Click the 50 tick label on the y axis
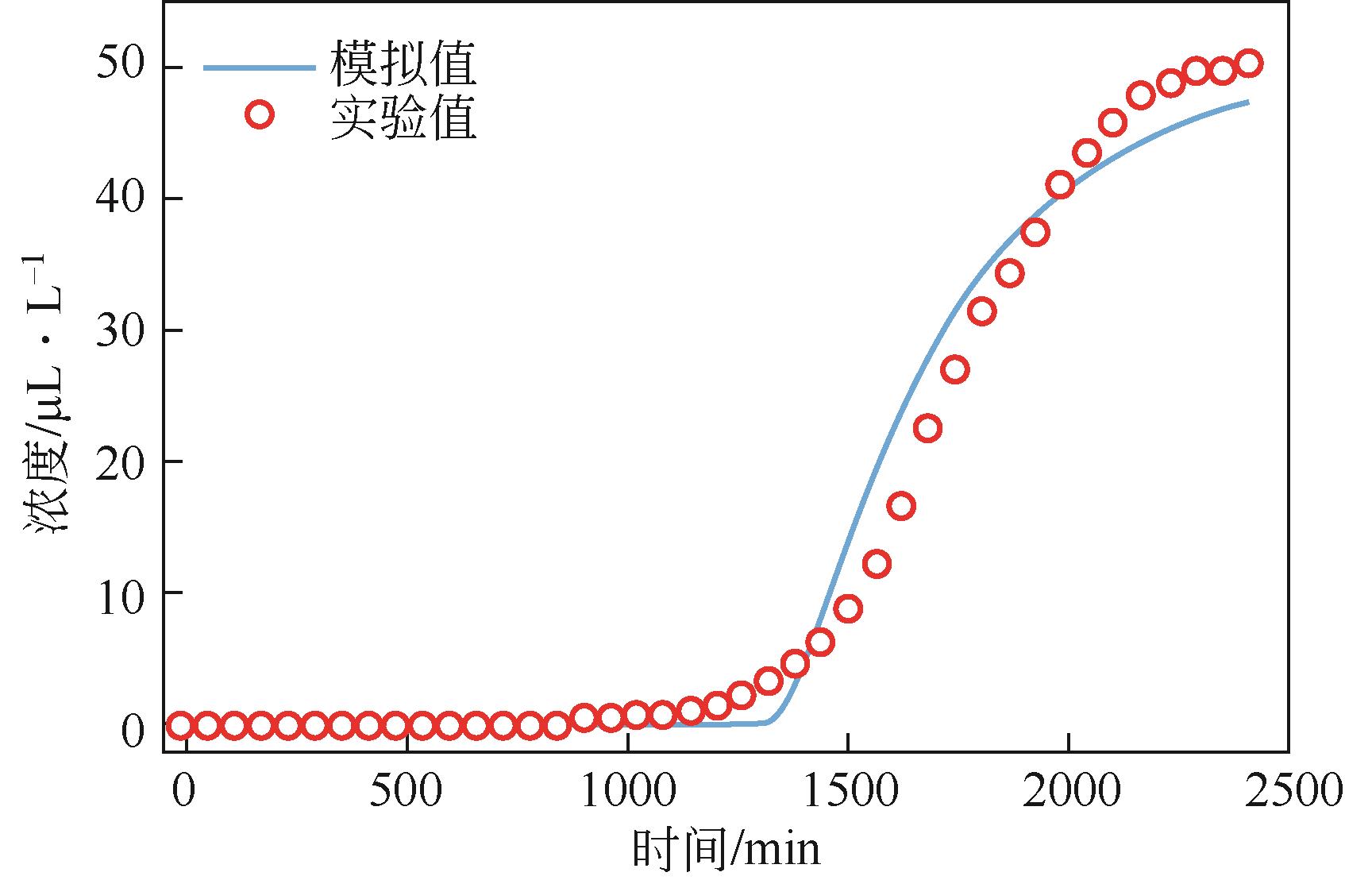(x=121, y=67)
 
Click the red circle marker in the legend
(x=260, y=115)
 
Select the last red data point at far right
(x=1249, y=64)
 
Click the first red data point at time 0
(x=181, y=725)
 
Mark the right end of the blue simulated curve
(x=1248, y=102)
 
